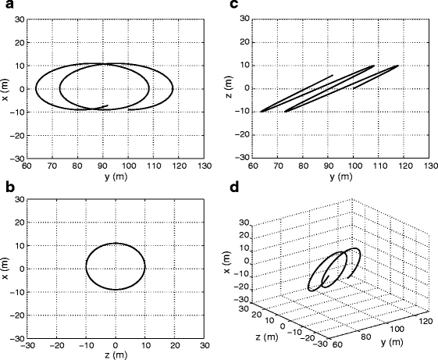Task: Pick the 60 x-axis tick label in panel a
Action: coord(27,166)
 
